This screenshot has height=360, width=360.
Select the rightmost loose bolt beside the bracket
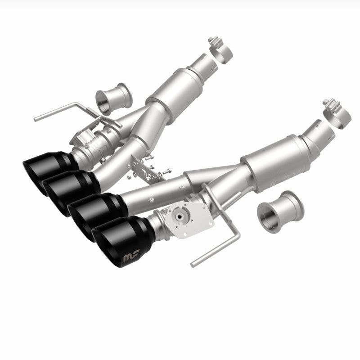[169, 171]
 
